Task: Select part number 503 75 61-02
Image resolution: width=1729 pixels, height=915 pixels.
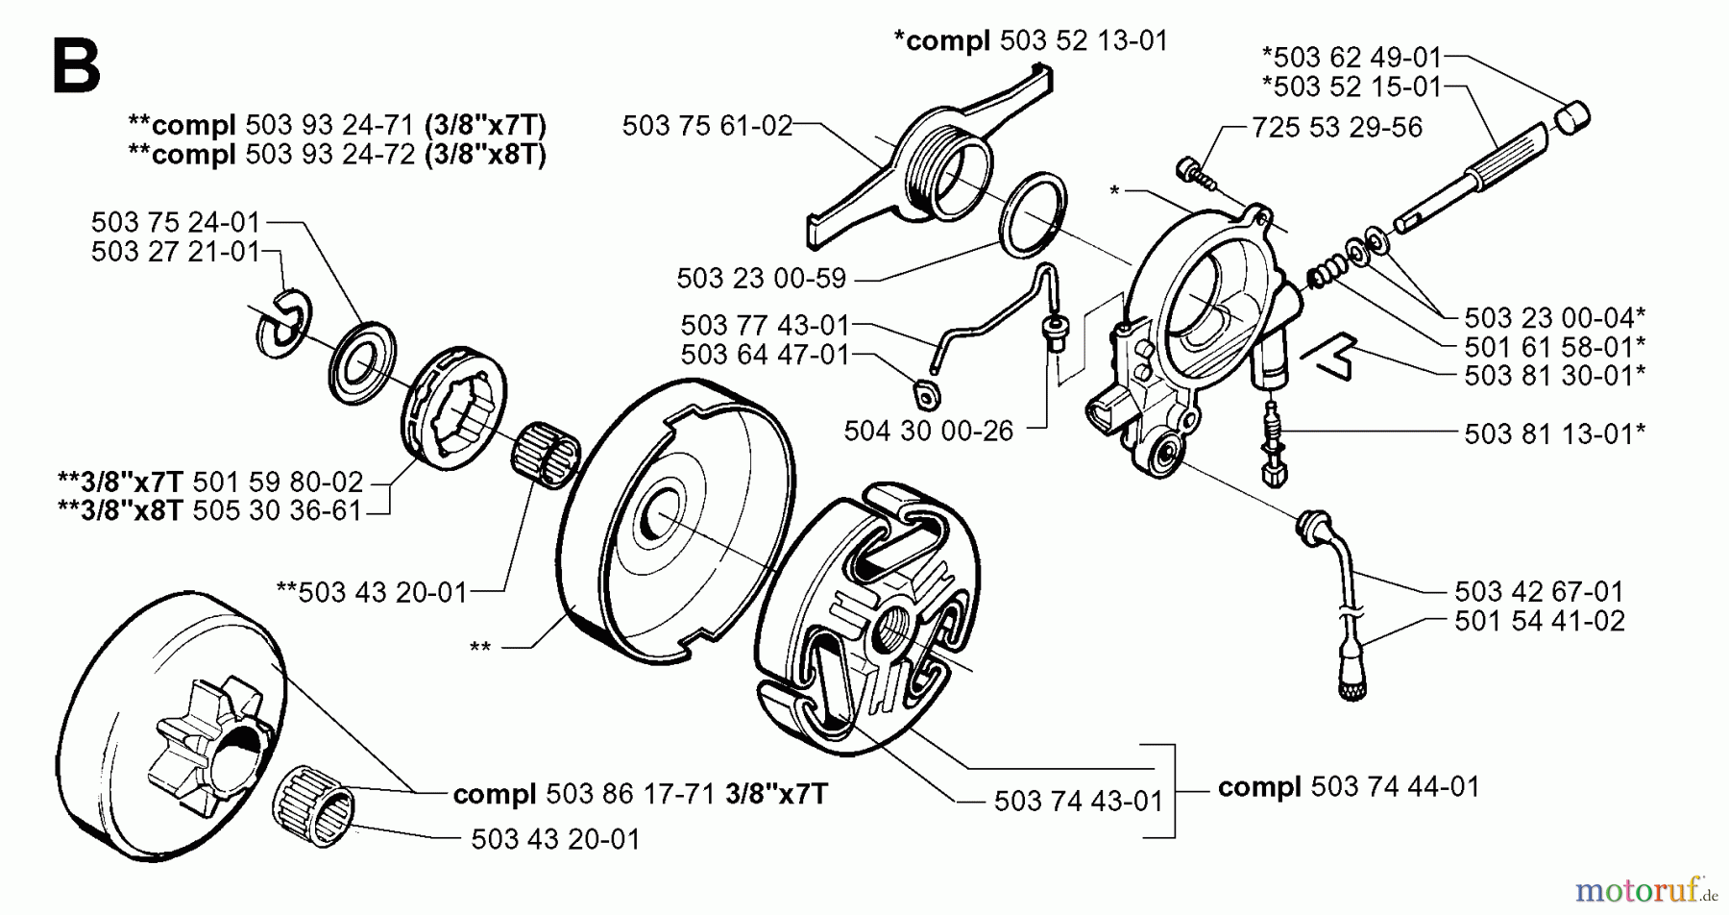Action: (707, 126)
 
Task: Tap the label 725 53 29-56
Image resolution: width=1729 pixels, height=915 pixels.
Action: (1337, 128)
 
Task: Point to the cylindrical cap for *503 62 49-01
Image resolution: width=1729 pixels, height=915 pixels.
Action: (1571, 119)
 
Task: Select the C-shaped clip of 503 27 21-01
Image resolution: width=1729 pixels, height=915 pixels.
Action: (283, 318)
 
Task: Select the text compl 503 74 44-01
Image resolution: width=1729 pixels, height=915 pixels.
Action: (1348, 787)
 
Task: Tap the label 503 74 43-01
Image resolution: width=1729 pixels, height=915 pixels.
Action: (1078, 801)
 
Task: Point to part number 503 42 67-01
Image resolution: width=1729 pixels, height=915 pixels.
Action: (1539, 591)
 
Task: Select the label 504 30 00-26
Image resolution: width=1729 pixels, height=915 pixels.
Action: (928, 431)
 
